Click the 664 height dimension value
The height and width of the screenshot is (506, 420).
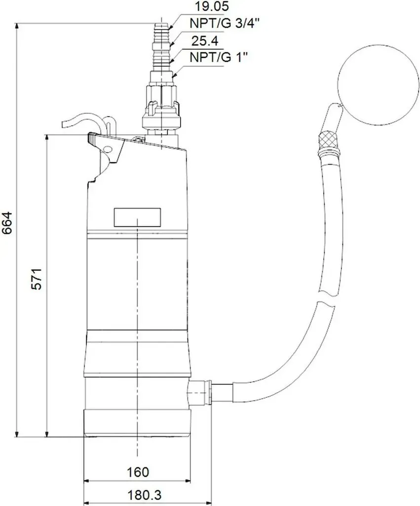click(x=7, y=223)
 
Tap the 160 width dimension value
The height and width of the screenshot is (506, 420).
click(x=138, y=472)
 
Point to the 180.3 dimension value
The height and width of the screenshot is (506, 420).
click(x=145, y=495)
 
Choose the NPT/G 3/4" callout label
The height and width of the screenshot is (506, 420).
click(x=225, y=23)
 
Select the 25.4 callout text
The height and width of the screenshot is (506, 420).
click(x=205, y=41)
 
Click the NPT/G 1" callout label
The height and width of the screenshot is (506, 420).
click(x=219, y=57)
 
